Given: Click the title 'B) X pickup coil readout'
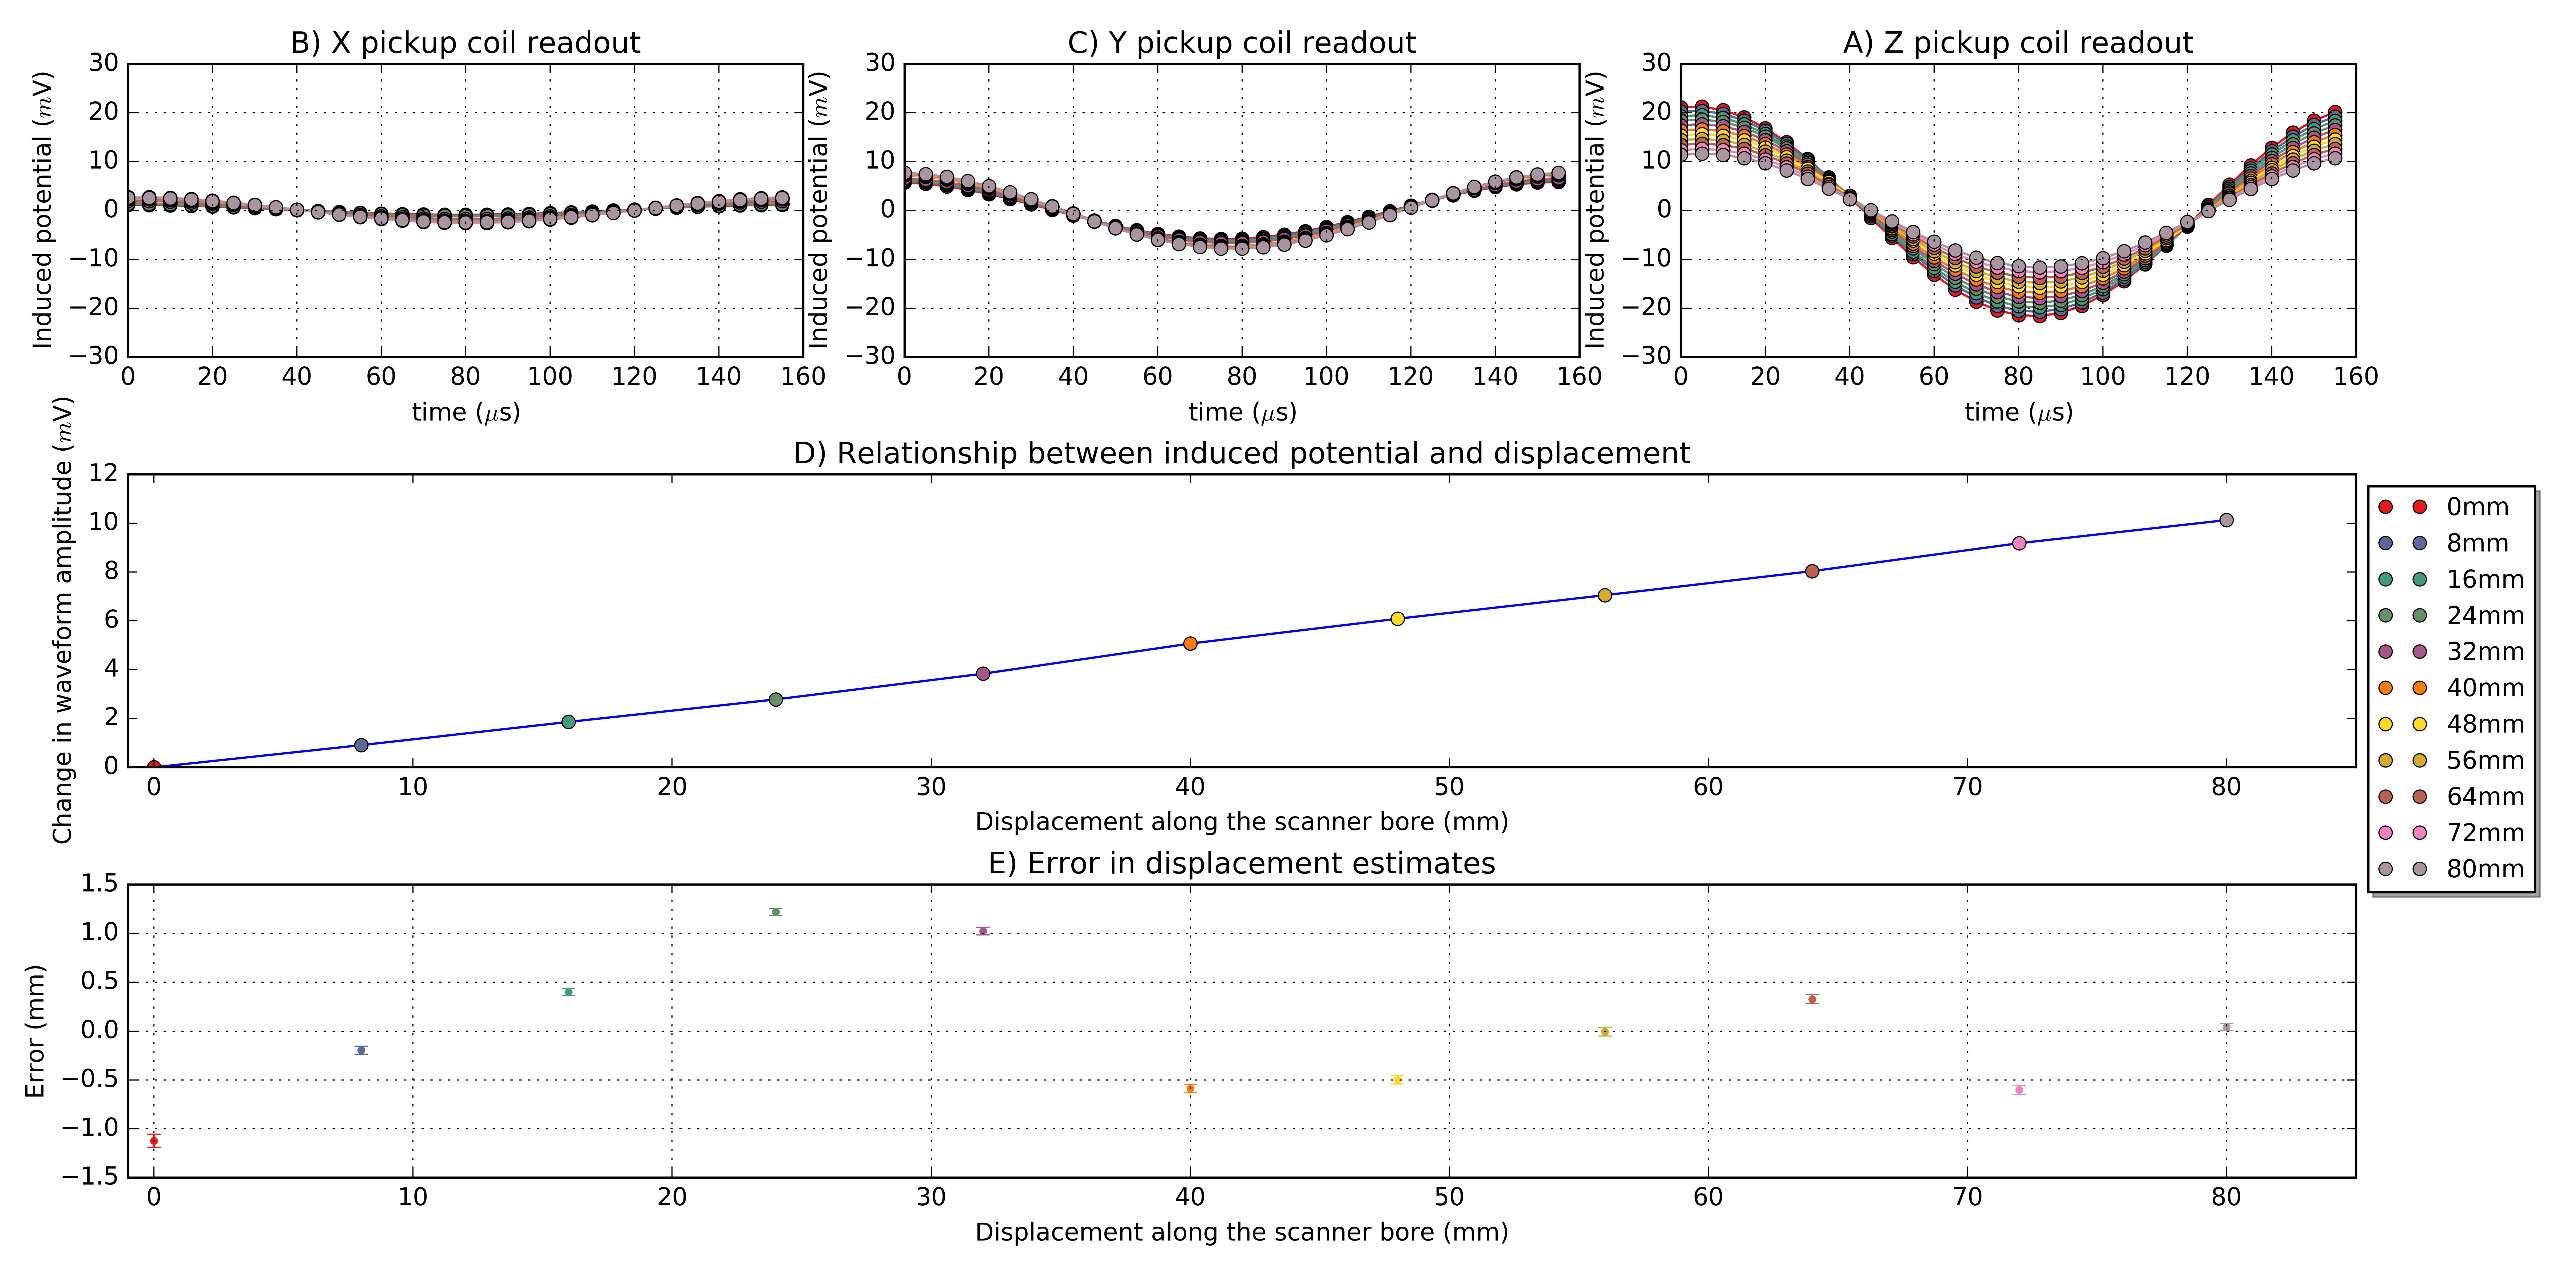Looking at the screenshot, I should (465, 43).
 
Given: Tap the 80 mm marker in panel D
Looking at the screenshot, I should (2226, 520).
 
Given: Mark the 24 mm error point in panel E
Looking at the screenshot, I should (776, 911).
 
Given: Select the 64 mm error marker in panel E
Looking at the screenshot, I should (1811, 999).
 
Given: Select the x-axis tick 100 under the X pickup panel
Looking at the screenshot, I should (550, 377).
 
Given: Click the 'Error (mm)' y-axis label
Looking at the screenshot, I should (36, 1031).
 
